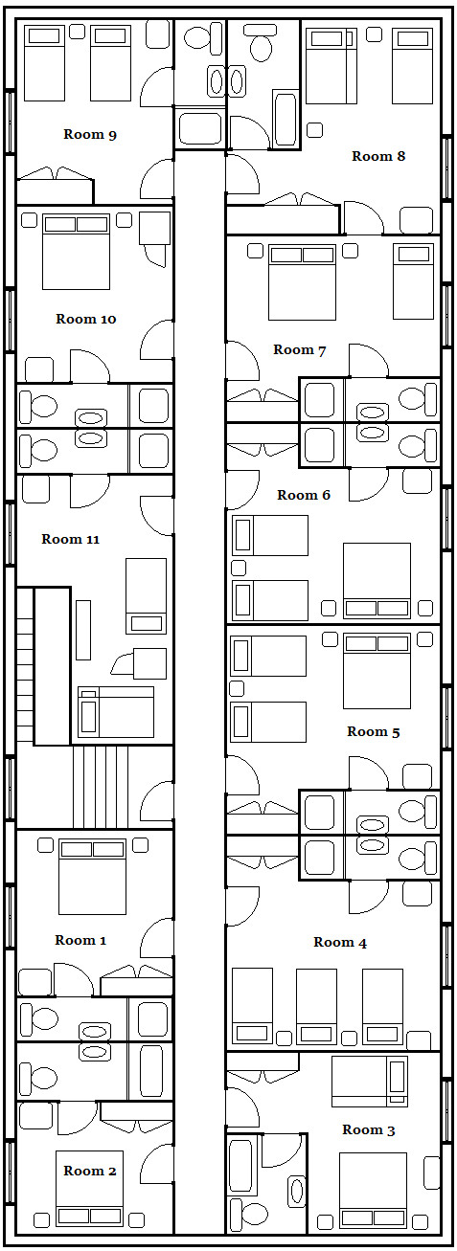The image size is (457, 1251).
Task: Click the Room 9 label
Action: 90,135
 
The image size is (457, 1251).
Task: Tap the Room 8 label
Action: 378,156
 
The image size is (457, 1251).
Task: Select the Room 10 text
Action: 86,319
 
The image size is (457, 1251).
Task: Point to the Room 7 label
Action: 300,350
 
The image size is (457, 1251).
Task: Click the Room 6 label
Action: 304,495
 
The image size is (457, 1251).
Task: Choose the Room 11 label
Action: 70,539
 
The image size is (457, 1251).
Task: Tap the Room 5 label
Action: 374,731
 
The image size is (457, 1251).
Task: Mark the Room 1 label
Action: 80,940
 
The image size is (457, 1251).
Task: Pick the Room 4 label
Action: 340,942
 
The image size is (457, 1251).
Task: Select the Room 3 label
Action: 369,1129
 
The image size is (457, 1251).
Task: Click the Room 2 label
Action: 90,1170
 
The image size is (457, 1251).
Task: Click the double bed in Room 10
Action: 76,252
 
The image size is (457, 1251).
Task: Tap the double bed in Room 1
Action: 92,877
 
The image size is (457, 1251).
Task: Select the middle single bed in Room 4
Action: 316,1006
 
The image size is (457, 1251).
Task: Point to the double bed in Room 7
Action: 302,282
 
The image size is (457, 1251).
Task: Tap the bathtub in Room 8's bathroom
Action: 286,119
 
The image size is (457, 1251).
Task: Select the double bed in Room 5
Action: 377,671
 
